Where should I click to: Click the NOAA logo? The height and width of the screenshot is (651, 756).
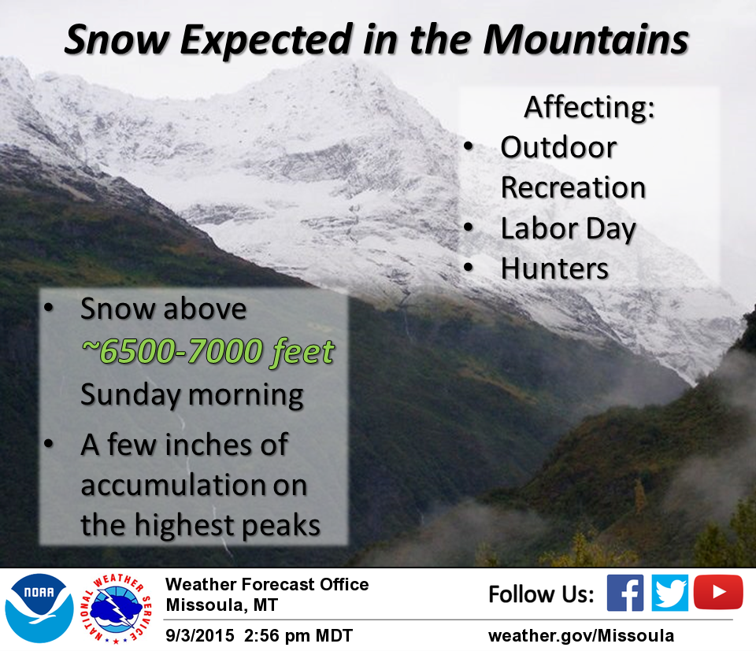39,608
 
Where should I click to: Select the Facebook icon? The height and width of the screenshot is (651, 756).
624,593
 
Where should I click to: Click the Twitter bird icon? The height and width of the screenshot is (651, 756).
669,593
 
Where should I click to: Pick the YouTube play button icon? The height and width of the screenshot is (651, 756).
718,592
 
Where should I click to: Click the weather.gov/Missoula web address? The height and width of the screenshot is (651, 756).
581,635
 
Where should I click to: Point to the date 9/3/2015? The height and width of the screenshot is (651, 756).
199,635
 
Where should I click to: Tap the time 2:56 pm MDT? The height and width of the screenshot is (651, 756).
298,635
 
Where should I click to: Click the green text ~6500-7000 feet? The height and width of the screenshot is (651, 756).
207,351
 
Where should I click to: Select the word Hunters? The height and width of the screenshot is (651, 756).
554,268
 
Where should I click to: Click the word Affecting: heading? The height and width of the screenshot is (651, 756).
589,107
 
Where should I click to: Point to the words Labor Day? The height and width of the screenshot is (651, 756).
569,229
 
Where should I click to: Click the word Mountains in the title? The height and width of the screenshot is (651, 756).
586,39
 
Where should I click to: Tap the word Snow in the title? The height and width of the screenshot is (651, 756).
117,39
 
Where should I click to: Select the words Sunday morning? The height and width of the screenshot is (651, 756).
192,394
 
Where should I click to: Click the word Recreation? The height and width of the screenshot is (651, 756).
573,187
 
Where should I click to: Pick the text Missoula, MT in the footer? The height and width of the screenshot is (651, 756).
222,605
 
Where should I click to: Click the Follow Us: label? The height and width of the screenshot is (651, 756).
541,594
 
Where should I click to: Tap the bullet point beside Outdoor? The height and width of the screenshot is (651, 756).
469,146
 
